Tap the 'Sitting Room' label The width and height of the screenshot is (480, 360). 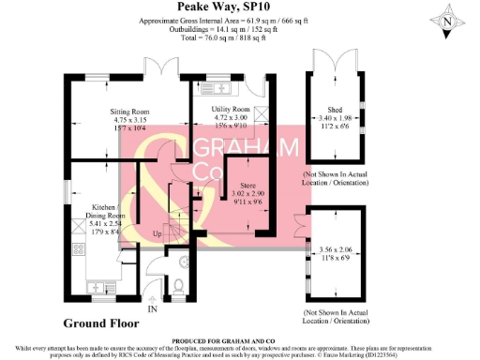tap(118, 111)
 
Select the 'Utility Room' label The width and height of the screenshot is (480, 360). tap(221, 110)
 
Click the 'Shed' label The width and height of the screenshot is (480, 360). tap(335, 110)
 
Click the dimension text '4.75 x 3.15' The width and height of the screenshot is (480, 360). tap(118, 119)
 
